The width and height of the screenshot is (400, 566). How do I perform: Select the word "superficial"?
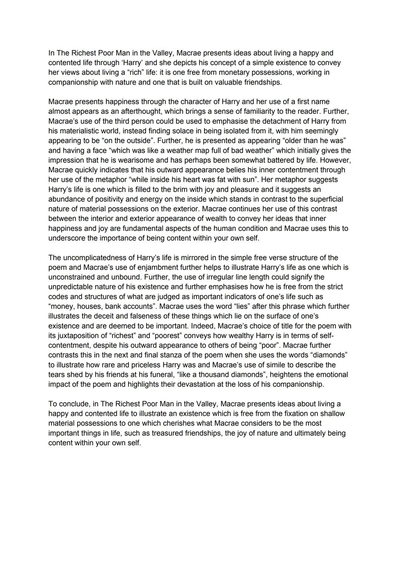pos(323,199)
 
